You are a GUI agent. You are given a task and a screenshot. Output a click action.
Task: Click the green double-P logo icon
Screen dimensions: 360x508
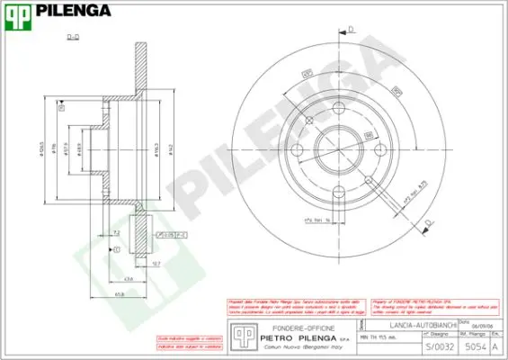click(20, 13)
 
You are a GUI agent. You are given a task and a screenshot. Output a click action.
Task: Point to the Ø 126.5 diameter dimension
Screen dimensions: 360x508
click(41, 149)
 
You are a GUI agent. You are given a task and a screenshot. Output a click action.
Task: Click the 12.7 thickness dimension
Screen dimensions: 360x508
click(156, 263)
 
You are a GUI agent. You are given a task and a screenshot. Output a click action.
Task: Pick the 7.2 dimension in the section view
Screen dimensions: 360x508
click(118, 233)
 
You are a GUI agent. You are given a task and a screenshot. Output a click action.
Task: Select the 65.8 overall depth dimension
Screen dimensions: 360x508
click(118, 294)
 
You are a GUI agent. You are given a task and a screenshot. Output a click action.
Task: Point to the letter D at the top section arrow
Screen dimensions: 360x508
click(352, 29)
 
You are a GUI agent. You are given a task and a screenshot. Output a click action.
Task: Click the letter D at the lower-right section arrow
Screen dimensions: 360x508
click(428, 221)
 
